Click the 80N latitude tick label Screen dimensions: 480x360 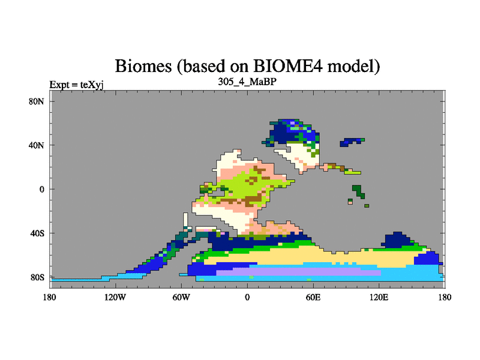point(37,101)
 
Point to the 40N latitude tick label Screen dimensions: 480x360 point(37,145)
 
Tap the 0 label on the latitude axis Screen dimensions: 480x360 point(42,190)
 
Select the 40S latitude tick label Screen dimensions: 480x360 point(37,233)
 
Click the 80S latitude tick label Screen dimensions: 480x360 point(37,278)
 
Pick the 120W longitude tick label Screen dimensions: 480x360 point(115,297)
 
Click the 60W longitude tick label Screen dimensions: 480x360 point(181,297)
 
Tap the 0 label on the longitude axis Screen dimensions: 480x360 point(247,297)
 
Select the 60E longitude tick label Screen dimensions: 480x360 point(313,297)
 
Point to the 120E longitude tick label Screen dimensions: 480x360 point(379,297)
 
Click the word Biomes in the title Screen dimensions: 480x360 point(143,66)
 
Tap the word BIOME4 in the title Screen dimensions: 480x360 point(288,66)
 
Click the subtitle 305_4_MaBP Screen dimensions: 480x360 point(247,82)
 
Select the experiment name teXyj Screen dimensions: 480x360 point(92,85)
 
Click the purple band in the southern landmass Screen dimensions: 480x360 point(298,272)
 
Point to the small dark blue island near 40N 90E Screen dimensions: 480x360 point(351,142)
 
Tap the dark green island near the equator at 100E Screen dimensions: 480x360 point(358,191)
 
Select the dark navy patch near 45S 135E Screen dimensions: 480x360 point(397,239)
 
